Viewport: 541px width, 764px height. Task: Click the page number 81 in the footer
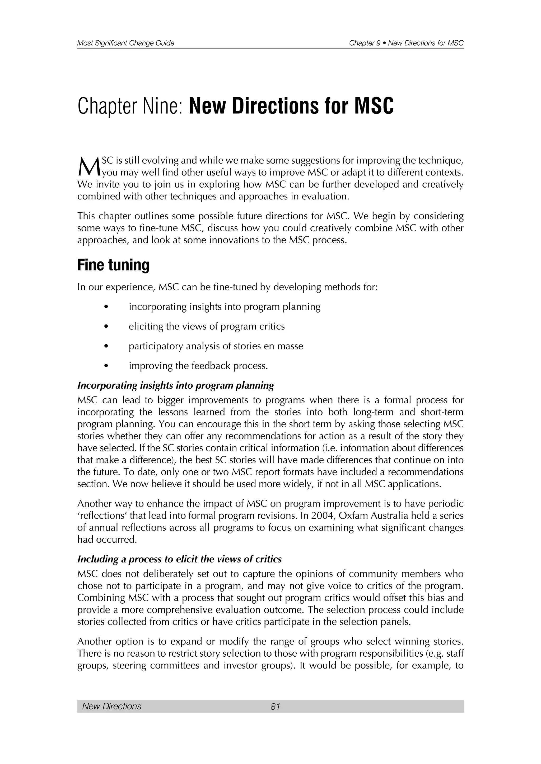point(275,706)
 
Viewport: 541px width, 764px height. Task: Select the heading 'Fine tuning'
point(113,265)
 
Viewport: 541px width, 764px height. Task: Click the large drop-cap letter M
point(88,167)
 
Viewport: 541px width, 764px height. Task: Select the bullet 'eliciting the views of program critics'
point(207,326)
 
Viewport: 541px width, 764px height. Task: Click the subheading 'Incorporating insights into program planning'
point(176,385)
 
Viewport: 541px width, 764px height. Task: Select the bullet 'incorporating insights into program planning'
point(225,307)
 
